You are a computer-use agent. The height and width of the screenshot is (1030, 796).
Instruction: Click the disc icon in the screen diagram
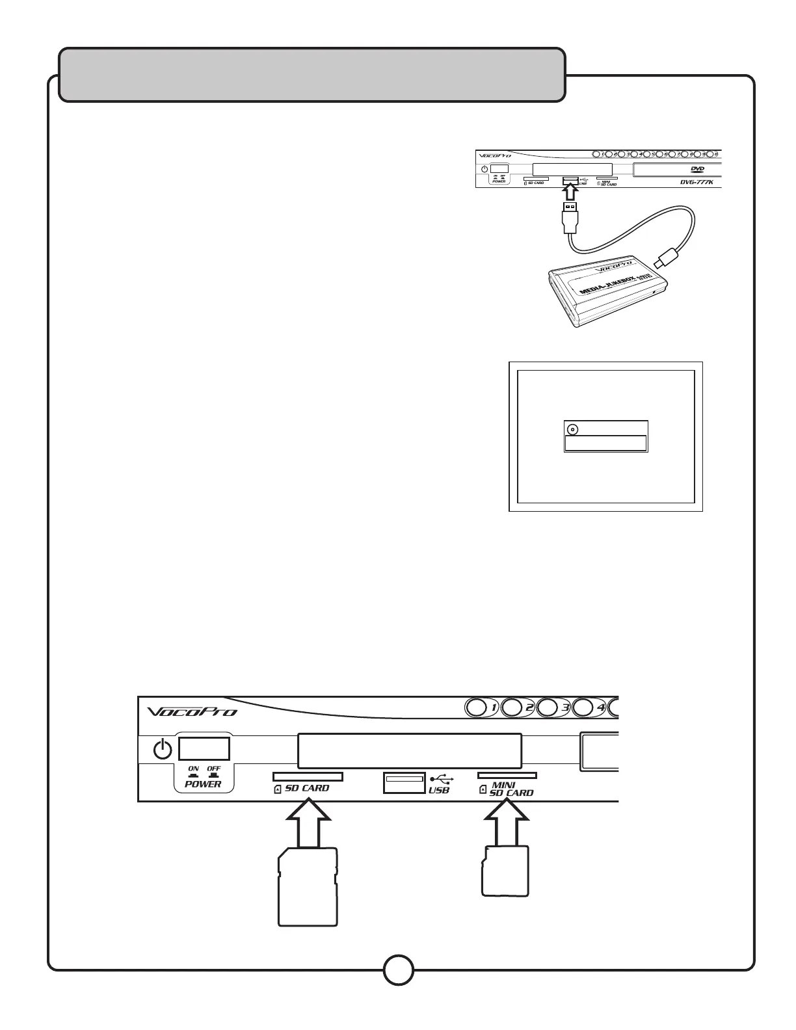pyautogui.click(x=572, y=429)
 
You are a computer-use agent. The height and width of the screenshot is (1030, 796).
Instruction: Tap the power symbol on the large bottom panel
pyautogui.click(x=163, y=750)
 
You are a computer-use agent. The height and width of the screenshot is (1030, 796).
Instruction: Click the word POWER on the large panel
pyautogui.click(x=203, y=784)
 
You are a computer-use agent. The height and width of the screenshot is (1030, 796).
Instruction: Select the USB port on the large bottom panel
pyautogui.click(x=405, y=782)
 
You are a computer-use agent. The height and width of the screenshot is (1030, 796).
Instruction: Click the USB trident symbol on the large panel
pyautogui.click(x=442, y=778)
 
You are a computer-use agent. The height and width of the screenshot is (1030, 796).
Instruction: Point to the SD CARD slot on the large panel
pyautogui.click(x=308, y=776)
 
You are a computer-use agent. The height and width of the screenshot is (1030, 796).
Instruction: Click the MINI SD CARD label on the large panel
pyautogui.click(x=511, y=789)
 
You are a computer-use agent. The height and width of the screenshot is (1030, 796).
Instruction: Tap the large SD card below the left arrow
pyautogui.click(x=308, y=886)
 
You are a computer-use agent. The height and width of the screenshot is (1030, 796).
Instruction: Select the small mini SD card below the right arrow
pyautogui.click(x=505, y=871)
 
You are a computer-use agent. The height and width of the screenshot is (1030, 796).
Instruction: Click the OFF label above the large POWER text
pyautogui.click(x=213, y=769)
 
